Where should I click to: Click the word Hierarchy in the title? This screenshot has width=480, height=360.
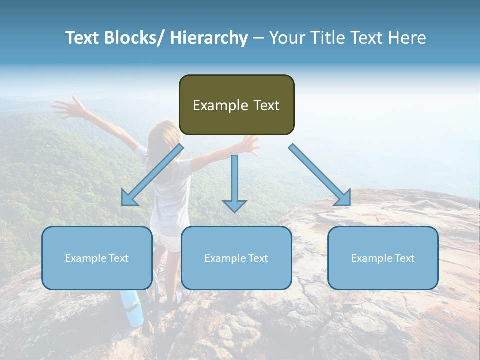click(x=209, y=38)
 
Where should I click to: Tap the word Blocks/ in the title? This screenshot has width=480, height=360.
click(x=135, y=38)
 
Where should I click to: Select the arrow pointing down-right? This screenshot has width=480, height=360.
click(x=320, y=175)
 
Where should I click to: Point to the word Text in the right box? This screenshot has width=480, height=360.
click(x=404, y=258)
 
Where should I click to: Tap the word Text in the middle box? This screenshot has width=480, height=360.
click(x=258, y=258)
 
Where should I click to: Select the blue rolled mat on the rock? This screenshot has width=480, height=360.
click(x=131, y=307)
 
